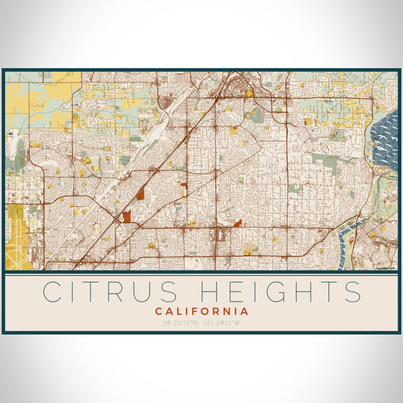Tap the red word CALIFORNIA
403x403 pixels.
201,311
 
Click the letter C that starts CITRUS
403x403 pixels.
54,292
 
